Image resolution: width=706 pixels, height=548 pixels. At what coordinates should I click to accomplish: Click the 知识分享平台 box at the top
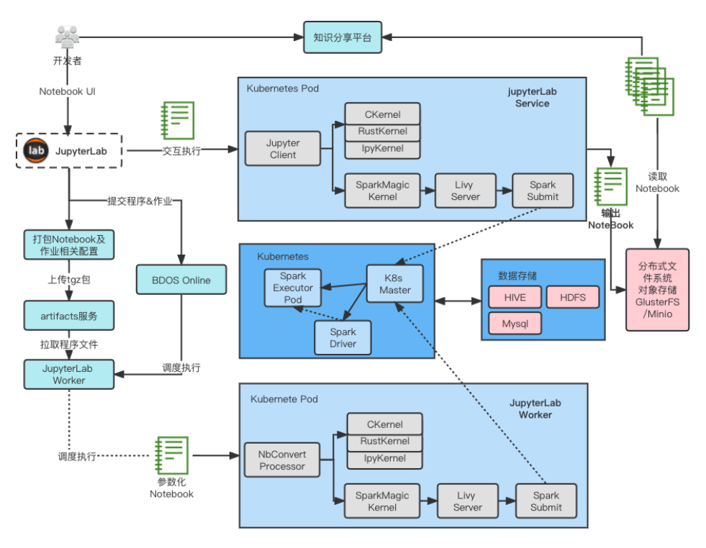coord(343,37)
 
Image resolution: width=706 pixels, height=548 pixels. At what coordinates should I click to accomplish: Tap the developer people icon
coord(67,37)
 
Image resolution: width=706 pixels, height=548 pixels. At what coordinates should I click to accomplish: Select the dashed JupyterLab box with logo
coord(69,150)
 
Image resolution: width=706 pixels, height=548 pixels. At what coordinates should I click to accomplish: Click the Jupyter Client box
coord(283,149)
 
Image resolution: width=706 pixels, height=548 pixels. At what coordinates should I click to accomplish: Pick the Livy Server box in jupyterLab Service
coord(465,191)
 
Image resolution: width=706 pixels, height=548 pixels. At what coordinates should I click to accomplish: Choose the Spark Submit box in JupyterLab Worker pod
coord(546,501)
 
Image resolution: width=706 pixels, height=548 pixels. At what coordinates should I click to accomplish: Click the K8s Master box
coord(395,284)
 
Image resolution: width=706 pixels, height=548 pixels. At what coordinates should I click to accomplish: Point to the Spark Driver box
coord(343,338)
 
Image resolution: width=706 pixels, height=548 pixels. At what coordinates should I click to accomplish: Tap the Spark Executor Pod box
coord(292,288)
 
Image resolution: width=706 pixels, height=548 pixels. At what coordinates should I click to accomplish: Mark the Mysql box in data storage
coord(515,324)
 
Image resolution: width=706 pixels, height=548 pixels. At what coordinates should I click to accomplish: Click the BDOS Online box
coord(181,280)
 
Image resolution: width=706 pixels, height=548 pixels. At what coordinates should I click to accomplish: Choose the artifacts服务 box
coord(68,315)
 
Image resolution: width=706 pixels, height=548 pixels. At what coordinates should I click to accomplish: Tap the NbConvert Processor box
coord(283,460)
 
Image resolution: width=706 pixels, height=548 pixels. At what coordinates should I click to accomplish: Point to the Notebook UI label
coord(67,92)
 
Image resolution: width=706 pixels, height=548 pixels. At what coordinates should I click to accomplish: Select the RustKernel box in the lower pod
coord(384,442)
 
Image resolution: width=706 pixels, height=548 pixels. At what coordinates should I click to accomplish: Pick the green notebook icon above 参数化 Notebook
coord(171,455)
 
